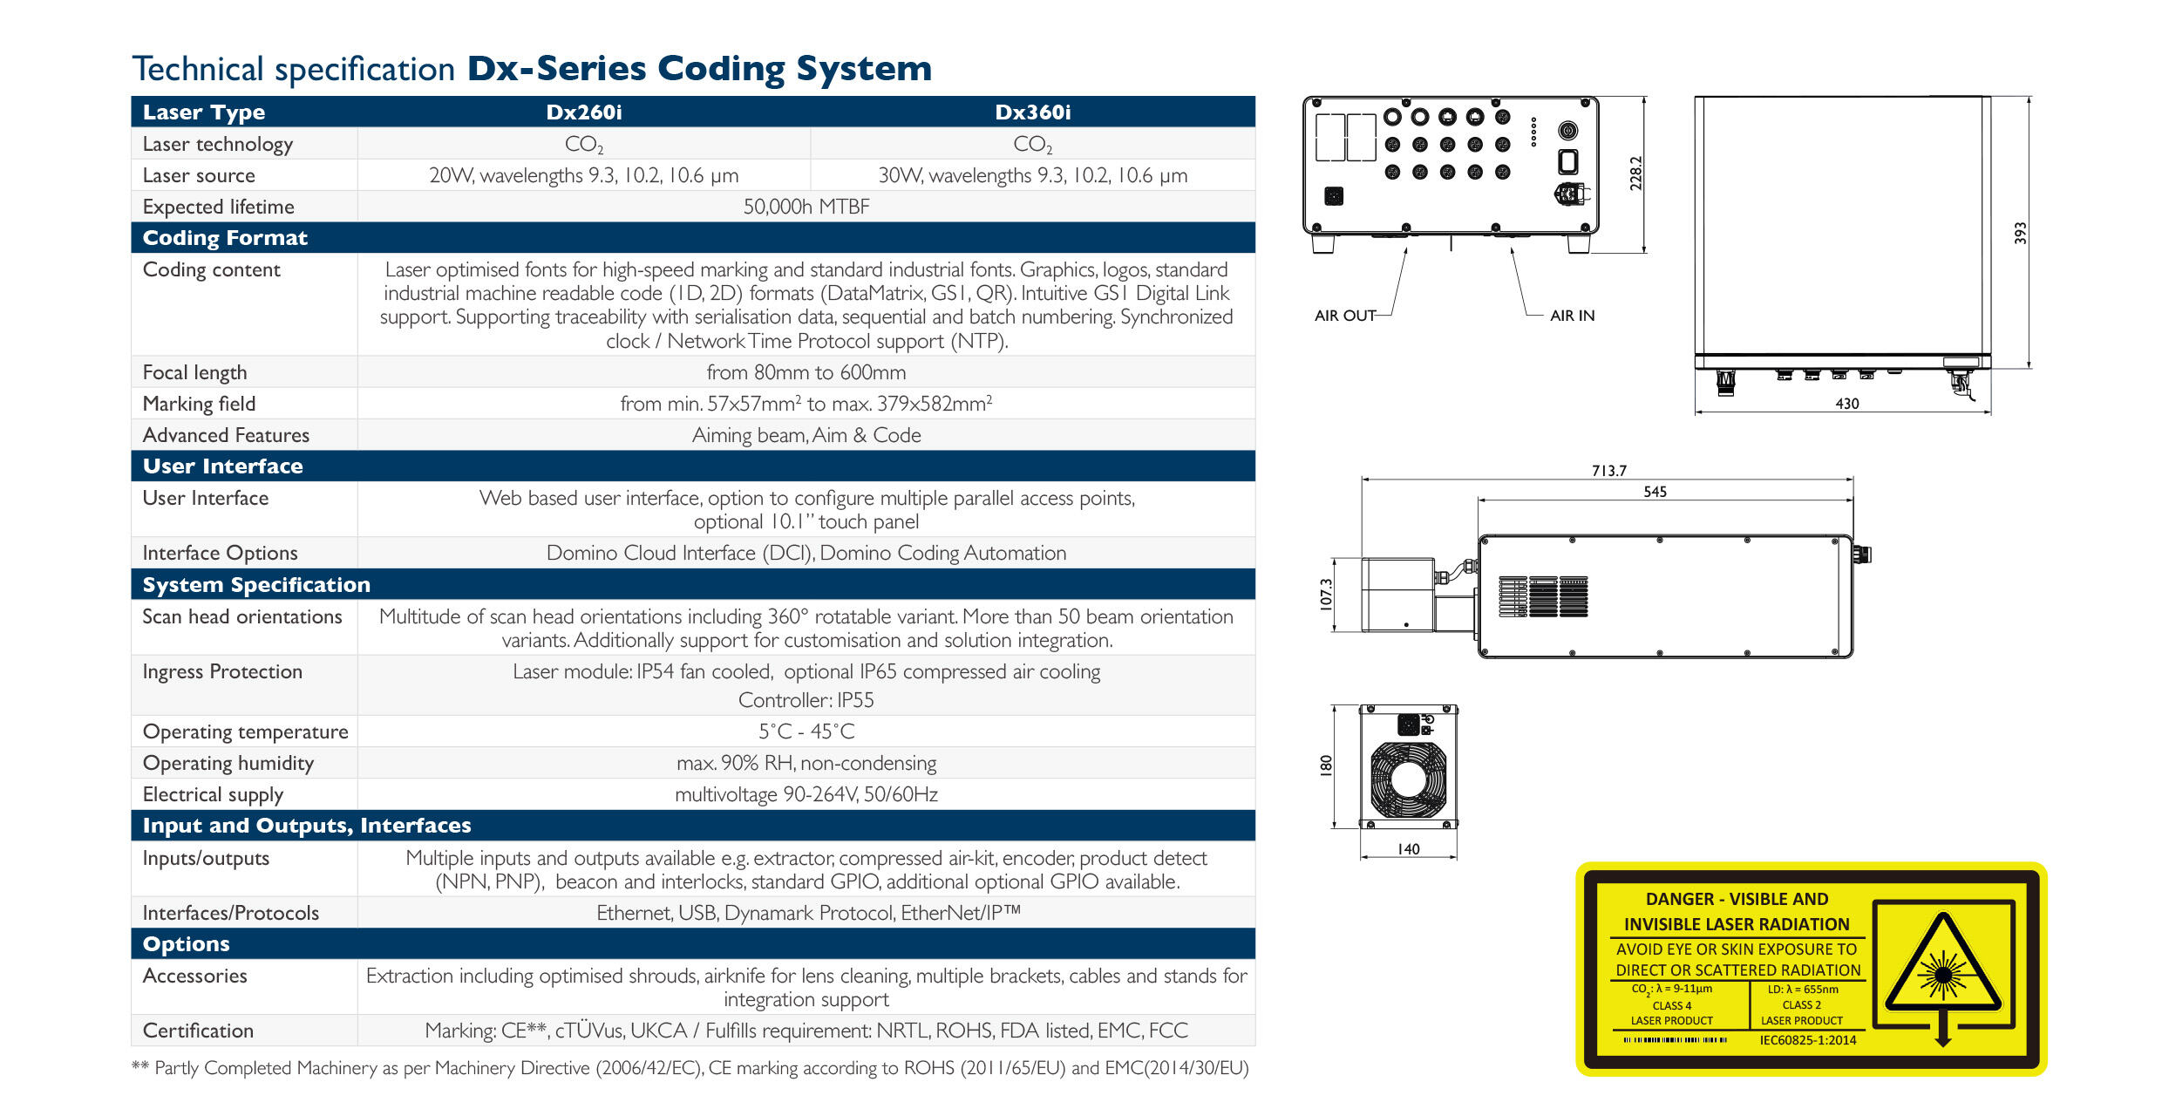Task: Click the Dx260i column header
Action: pos(583,112)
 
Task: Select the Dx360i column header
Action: pos(1032,112)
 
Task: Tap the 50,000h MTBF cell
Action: pos(806,207)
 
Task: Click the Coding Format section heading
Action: pos(225,238)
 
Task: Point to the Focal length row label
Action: pos(194,372)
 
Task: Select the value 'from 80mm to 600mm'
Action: pos(806,372)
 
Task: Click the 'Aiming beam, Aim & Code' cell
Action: pos(806,435)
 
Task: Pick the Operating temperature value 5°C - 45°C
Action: pos(806,731)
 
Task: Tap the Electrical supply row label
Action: pos(213,794)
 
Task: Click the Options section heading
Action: pos(186,944)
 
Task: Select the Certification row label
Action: pos(198,1031)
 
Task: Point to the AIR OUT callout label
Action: pos(1344,316)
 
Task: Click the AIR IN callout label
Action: pos(1572,316)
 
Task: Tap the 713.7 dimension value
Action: pos(1608,471)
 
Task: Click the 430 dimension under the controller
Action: pos(1846,404)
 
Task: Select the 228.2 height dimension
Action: pos(1635,173)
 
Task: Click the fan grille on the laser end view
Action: pos(1408,779)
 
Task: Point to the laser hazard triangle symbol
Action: pos(1943,969)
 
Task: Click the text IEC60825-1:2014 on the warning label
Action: pos(1807,1040)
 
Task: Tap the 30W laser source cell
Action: pos(1032,175)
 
